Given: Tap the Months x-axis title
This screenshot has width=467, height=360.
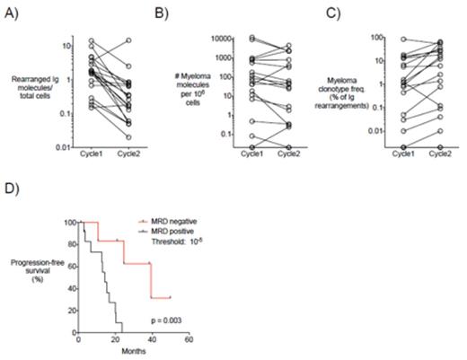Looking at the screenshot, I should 122,351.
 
